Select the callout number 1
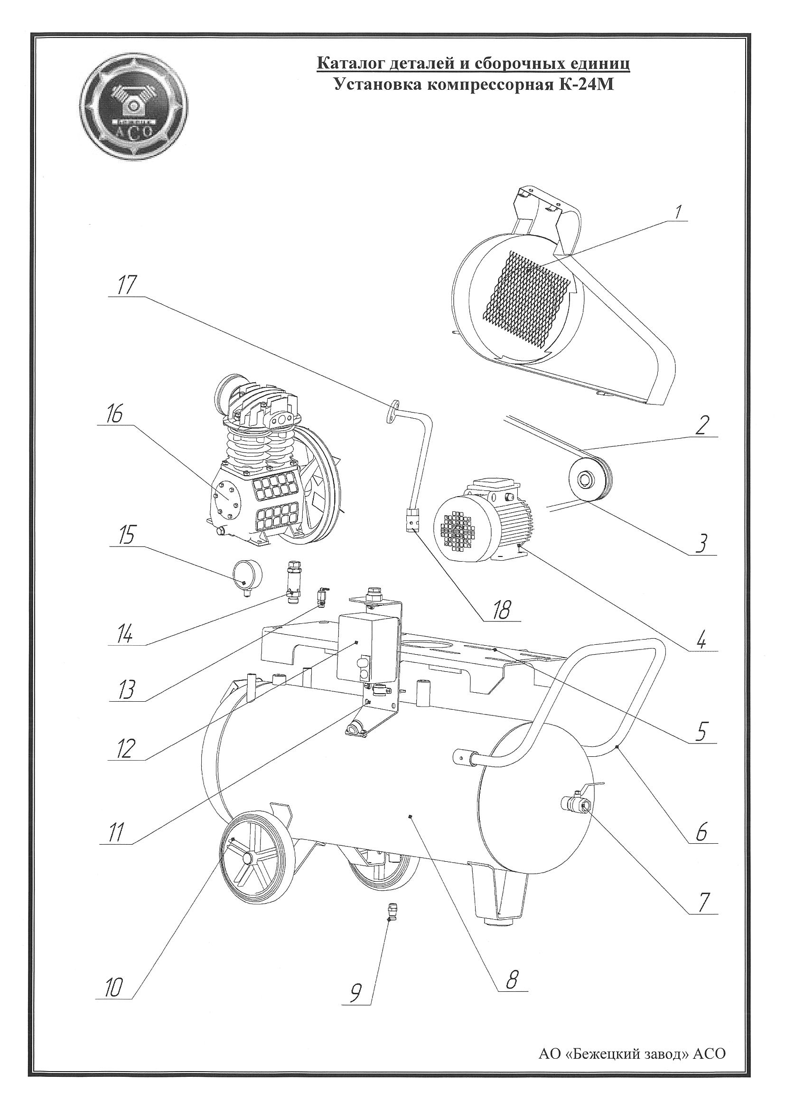click(678, 211)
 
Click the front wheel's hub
click(249, 858)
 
